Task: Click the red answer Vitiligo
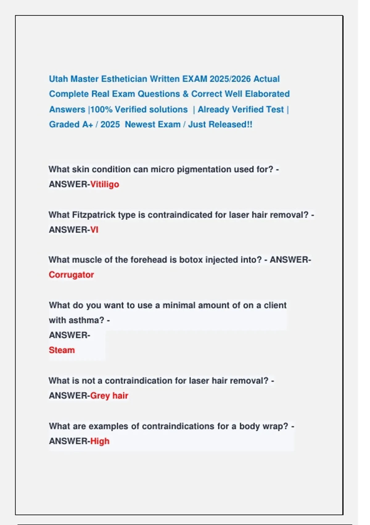105,184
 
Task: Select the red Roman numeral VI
94,230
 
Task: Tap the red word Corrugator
71,275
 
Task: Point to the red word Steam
62,350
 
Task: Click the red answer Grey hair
109,396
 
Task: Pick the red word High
100,441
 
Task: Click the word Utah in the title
58,79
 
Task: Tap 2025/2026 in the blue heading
230,79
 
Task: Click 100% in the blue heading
101,110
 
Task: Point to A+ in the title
88,124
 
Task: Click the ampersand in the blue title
185,94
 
